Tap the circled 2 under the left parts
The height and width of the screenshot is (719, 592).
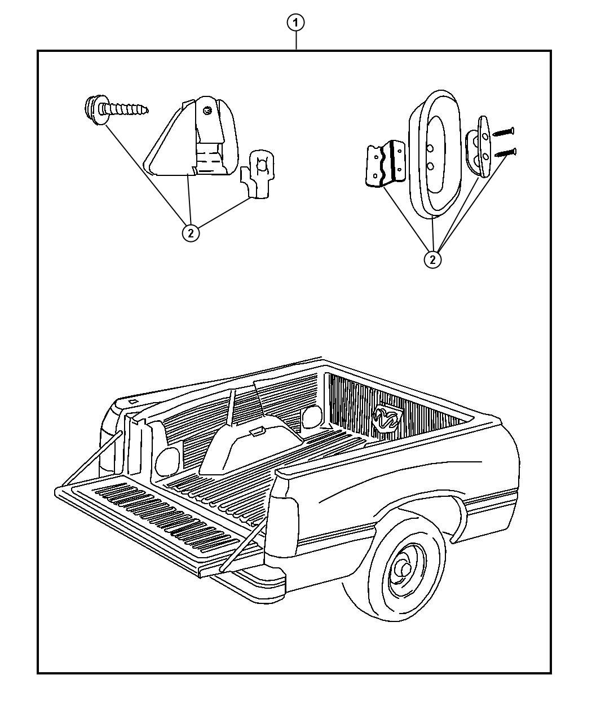pyautogui.click(x=191, y=233)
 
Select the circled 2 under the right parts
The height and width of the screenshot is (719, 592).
pyautogui.click(x=432, y=259)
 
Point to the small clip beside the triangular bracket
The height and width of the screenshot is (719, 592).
pyautogui.click(x=258, y=174)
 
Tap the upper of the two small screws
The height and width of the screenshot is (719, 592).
pyautogui.click(x=503, y=131)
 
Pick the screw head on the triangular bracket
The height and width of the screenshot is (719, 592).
pyautogui.click(x=207, y=111)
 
